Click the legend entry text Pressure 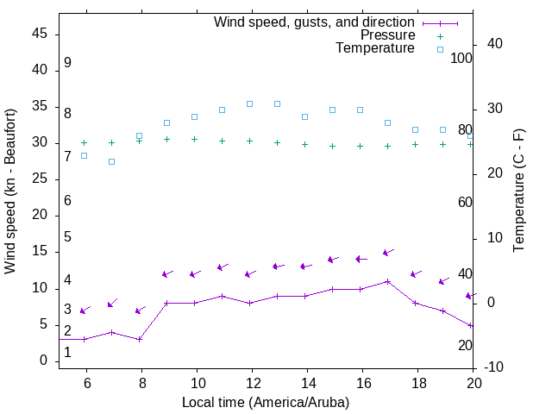click(x=387, y=35)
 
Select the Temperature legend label click(x=375, y=48)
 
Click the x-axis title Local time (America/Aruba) click(x=266, y=402)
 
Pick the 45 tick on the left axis click(x=39, y=34)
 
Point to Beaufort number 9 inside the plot click(x=67, y=63)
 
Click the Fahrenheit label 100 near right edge click(x=462, y=58)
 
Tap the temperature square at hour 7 click(x=111, y=161)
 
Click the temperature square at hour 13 click(x=277, y=103)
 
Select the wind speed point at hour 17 click(x=387, y=281)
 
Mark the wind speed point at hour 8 click(x=139, y=339)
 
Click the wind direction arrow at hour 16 click(x=361, y=259)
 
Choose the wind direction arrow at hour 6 click(x=85, y=310)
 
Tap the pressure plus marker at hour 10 click(x=194, y=139)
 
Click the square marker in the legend click(x=439, y=49)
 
